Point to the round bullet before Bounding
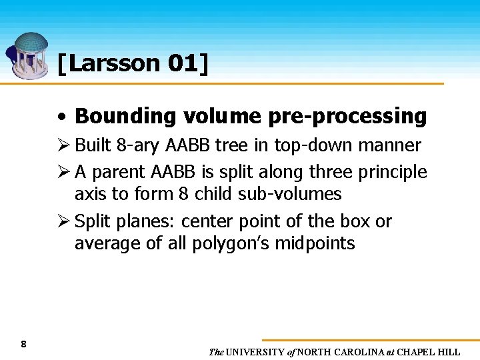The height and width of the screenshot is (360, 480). (62, 117)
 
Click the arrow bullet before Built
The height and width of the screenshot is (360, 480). (63, 145)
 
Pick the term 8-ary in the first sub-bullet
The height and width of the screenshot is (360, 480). (127, 145)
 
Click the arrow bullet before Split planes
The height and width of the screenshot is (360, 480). (63, 221)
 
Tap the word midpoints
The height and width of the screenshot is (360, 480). (317, 243)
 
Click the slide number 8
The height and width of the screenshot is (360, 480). (23, 345)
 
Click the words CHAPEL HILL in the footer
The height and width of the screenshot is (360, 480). (431, 352)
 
